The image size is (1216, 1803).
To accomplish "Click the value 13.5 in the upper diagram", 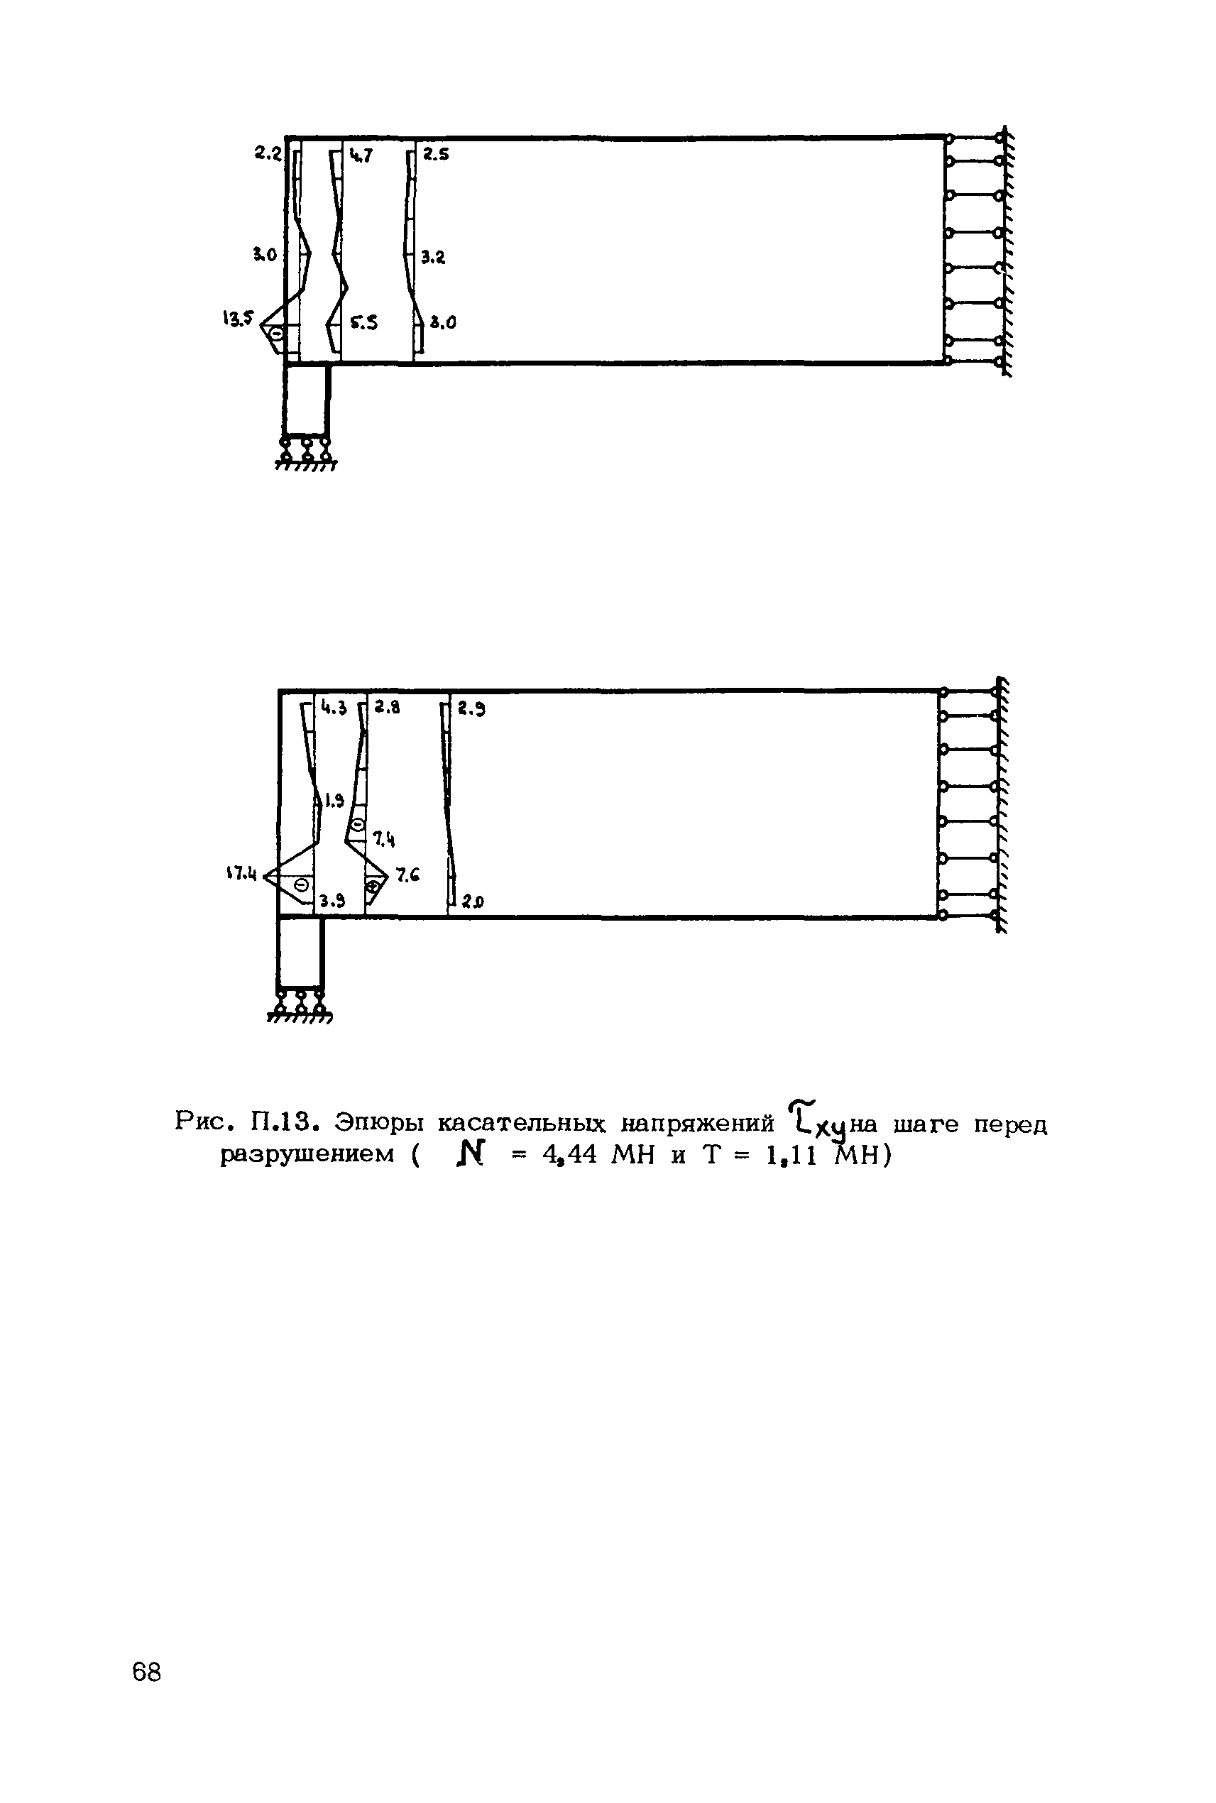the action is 237,318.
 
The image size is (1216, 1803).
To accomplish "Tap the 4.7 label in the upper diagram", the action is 360,156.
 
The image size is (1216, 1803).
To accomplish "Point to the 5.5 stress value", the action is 363,324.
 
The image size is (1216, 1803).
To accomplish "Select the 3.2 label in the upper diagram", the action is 434,258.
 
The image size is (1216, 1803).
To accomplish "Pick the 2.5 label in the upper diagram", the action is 436,153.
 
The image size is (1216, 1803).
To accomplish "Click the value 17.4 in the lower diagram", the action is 241,874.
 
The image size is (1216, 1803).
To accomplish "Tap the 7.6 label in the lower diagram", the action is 408,875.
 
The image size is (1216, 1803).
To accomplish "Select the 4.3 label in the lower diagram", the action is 334,707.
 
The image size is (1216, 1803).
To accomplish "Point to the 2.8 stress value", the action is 387,706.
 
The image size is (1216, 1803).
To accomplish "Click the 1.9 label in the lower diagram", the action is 334,802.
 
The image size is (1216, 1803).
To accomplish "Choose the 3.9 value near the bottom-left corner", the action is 332,901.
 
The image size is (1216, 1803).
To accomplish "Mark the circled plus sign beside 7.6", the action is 375,885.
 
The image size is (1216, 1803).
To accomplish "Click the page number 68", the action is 146,1671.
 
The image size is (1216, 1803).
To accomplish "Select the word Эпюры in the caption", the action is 379,1123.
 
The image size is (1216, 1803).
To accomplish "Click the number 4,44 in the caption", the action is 570,1155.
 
